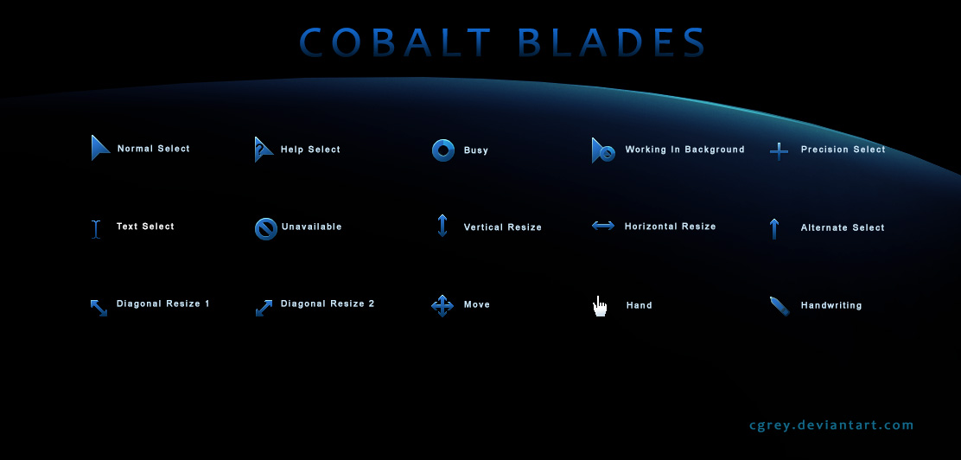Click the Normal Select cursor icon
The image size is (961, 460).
100,148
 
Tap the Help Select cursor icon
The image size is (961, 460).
263,150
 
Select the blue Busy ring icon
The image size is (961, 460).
443,150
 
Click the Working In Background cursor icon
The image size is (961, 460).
603,150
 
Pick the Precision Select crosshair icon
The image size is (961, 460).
779,151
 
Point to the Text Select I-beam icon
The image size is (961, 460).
97,228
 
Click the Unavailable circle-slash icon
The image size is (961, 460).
265,228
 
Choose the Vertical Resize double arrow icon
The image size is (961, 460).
442,226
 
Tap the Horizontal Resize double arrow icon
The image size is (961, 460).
603,226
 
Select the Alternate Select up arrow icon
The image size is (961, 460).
774,228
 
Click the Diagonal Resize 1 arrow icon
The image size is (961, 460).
99,307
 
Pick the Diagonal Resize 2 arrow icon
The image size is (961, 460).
264,307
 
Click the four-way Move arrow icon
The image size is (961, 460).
442,305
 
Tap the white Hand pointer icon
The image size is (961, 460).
600,306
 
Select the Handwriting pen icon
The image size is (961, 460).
780,306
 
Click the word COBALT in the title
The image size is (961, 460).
396,43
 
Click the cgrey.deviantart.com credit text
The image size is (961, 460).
831,425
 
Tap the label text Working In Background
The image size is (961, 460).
684,150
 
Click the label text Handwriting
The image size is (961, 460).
831,305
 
